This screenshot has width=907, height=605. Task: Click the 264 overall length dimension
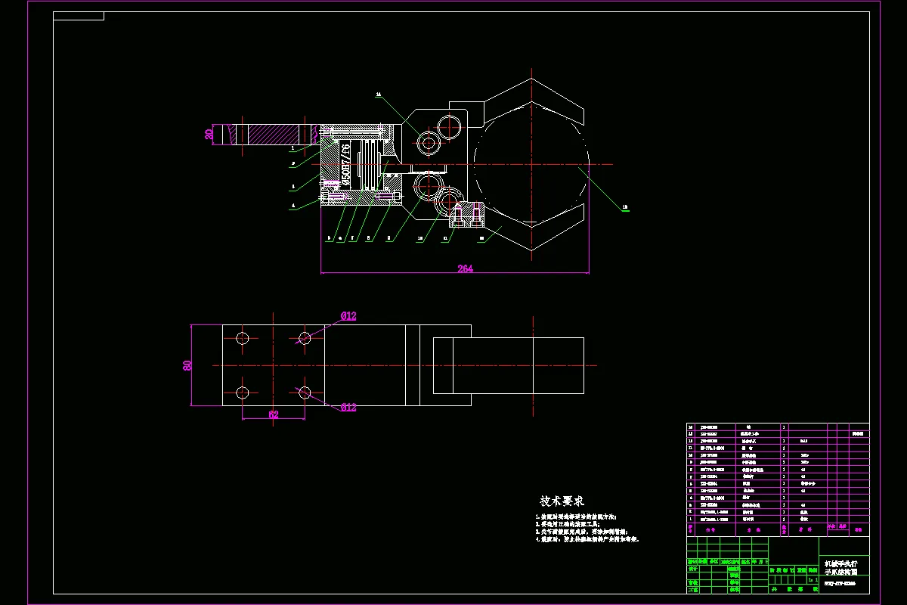[465, 268]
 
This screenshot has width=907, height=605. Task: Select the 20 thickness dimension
[209, 135]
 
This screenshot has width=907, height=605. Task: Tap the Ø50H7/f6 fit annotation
[346, 164]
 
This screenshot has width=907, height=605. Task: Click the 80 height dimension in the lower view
[187, 365]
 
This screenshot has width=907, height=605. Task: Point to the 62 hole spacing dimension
[273, 414]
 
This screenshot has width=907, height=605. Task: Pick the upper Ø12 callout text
[348, 316]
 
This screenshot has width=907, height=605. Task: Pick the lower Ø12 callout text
[348, 408]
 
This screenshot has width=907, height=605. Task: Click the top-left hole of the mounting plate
[243, 338]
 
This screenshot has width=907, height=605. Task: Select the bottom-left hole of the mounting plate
[243, 392]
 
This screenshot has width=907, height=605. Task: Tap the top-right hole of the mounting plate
[305, 338]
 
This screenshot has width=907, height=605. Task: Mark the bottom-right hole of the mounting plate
[305, 392]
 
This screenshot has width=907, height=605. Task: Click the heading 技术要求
[562, 501]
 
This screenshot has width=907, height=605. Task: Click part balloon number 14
[379, 95]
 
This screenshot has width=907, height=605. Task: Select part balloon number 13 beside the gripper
[625, 206]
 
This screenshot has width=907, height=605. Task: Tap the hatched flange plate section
[268, 135]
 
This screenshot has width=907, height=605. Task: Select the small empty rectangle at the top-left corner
[79, 16]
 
